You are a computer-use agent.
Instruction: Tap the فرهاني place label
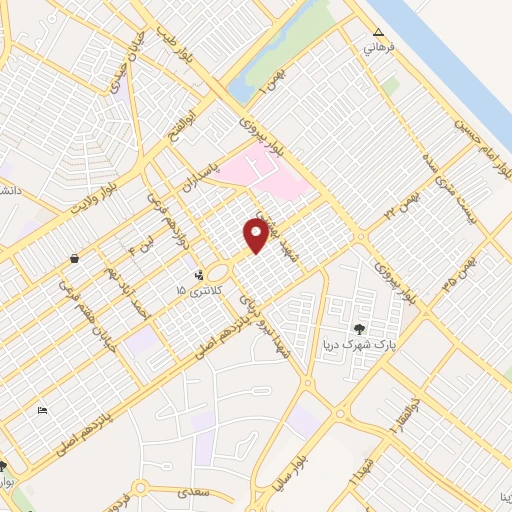click(378, 49)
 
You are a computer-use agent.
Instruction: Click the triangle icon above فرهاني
click(378, 33)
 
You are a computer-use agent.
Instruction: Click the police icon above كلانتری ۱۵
click(199, 273)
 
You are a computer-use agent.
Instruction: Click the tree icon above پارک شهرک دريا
click(361, 328)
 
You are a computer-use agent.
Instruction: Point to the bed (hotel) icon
click(42, 411)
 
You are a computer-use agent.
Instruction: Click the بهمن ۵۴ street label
click(467, 266)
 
